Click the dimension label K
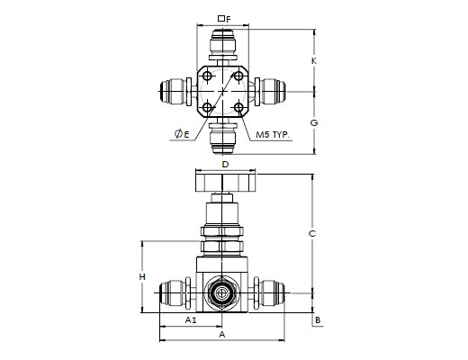tap(314, 61)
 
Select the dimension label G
tap(314, 122)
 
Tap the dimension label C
tap(312, 233)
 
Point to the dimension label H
tap(142, 276)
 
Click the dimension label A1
tap(191, 320)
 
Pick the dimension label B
tap(318, 320)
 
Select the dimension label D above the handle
tap(225, 165)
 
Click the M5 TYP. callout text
tap(273, 135)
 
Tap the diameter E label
tap(182, 134)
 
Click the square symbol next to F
tap(221, 19)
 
